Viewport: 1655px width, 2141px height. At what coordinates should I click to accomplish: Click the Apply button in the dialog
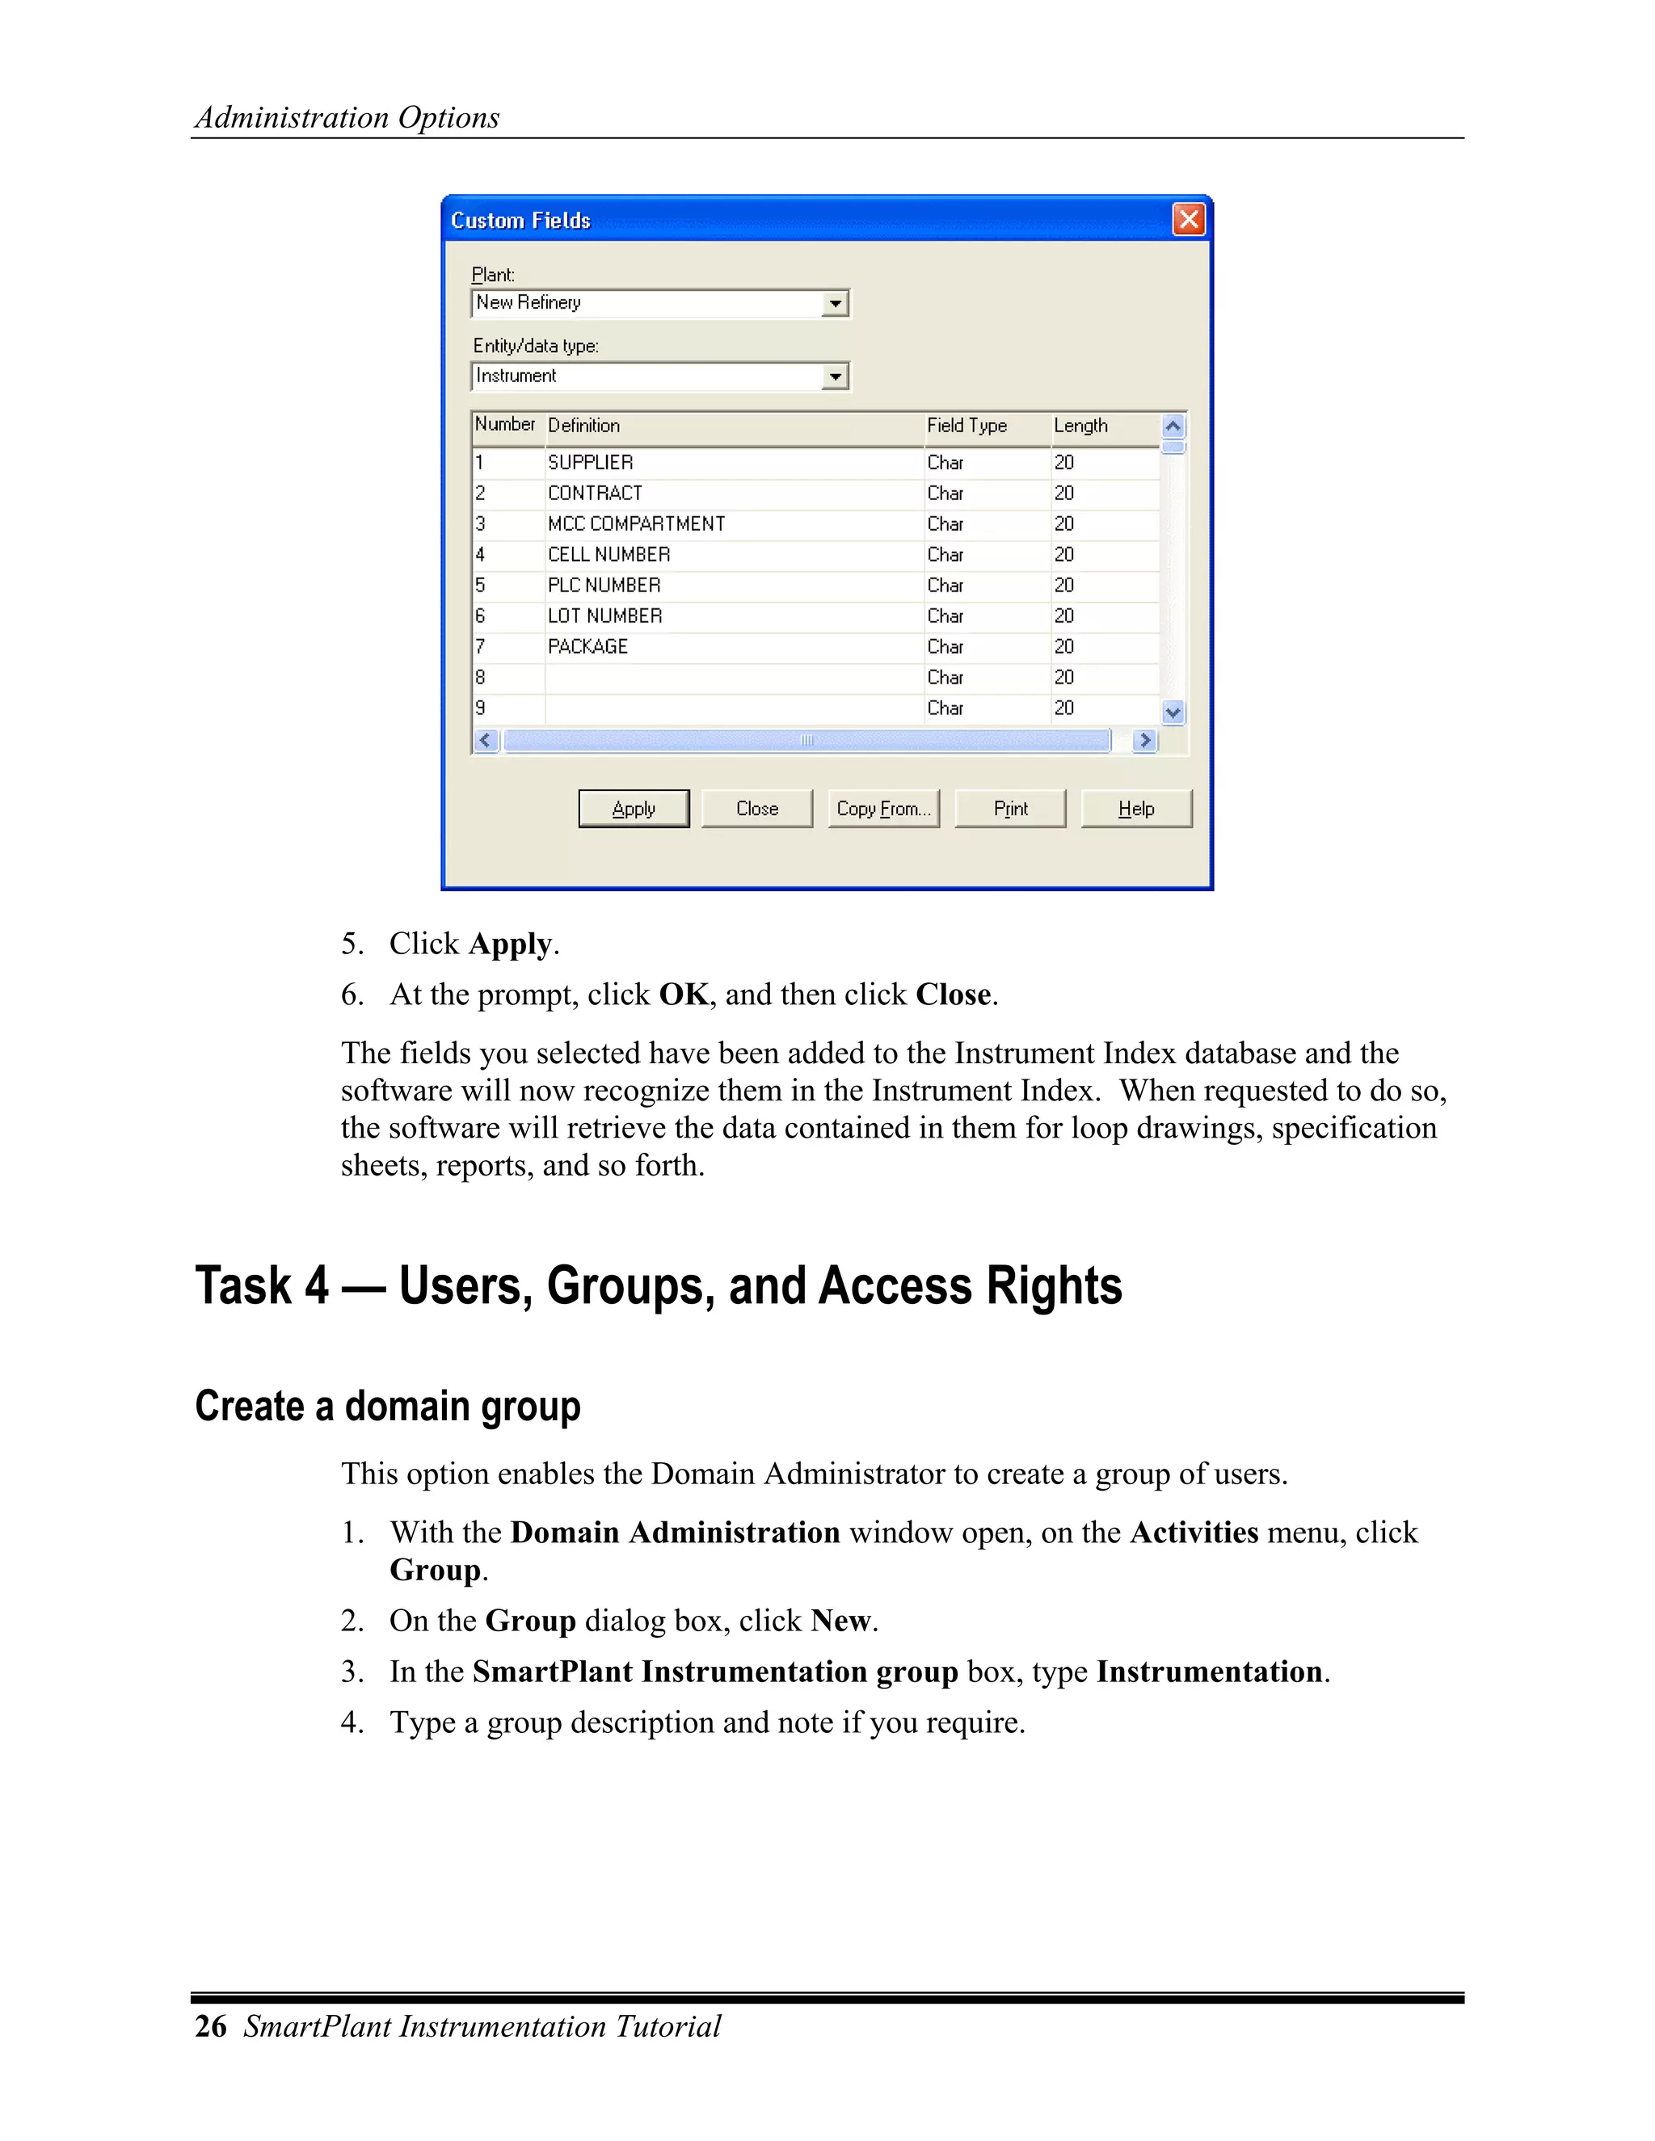pyautogui.click(x=634, y=809)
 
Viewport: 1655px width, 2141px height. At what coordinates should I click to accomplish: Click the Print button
pyautogui.click(x=1010, y=809)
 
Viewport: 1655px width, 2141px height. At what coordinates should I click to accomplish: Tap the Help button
pyautogui.click(x=1136, y=809)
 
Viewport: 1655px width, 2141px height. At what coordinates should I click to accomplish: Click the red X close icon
pyautogui.click(x=1188, y=219)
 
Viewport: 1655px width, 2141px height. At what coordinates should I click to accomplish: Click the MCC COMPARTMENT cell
pyautogui.click(x=636, y=524)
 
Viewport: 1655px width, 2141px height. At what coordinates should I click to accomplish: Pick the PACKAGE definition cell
pyautogui.click(x=587, y=647)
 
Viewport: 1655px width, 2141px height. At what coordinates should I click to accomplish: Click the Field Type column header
pyautogui.click(x=966, y=426)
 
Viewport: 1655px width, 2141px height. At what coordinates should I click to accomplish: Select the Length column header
pyautogui.click(x=1080, y=426)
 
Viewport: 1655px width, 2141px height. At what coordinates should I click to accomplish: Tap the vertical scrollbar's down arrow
pyautogui.click(x=1173, y=713)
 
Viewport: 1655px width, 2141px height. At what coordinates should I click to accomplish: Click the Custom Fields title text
pyautogui.click(x=520, y=221)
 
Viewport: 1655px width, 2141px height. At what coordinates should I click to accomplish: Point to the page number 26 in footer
pyautogui.click(x=211, y=2026)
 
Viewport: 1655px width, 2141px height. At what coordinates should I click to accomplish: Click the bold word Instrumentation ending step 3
pyautogui.click(x=1209, y=1672)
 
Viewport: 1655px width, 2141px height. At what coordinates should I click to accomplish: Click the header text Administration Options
pyautogui.click(x=347, y=118)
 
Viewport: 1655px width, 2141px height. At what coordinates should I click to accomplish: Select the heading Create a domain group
pyautogui.click(x=387, y=1406)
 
